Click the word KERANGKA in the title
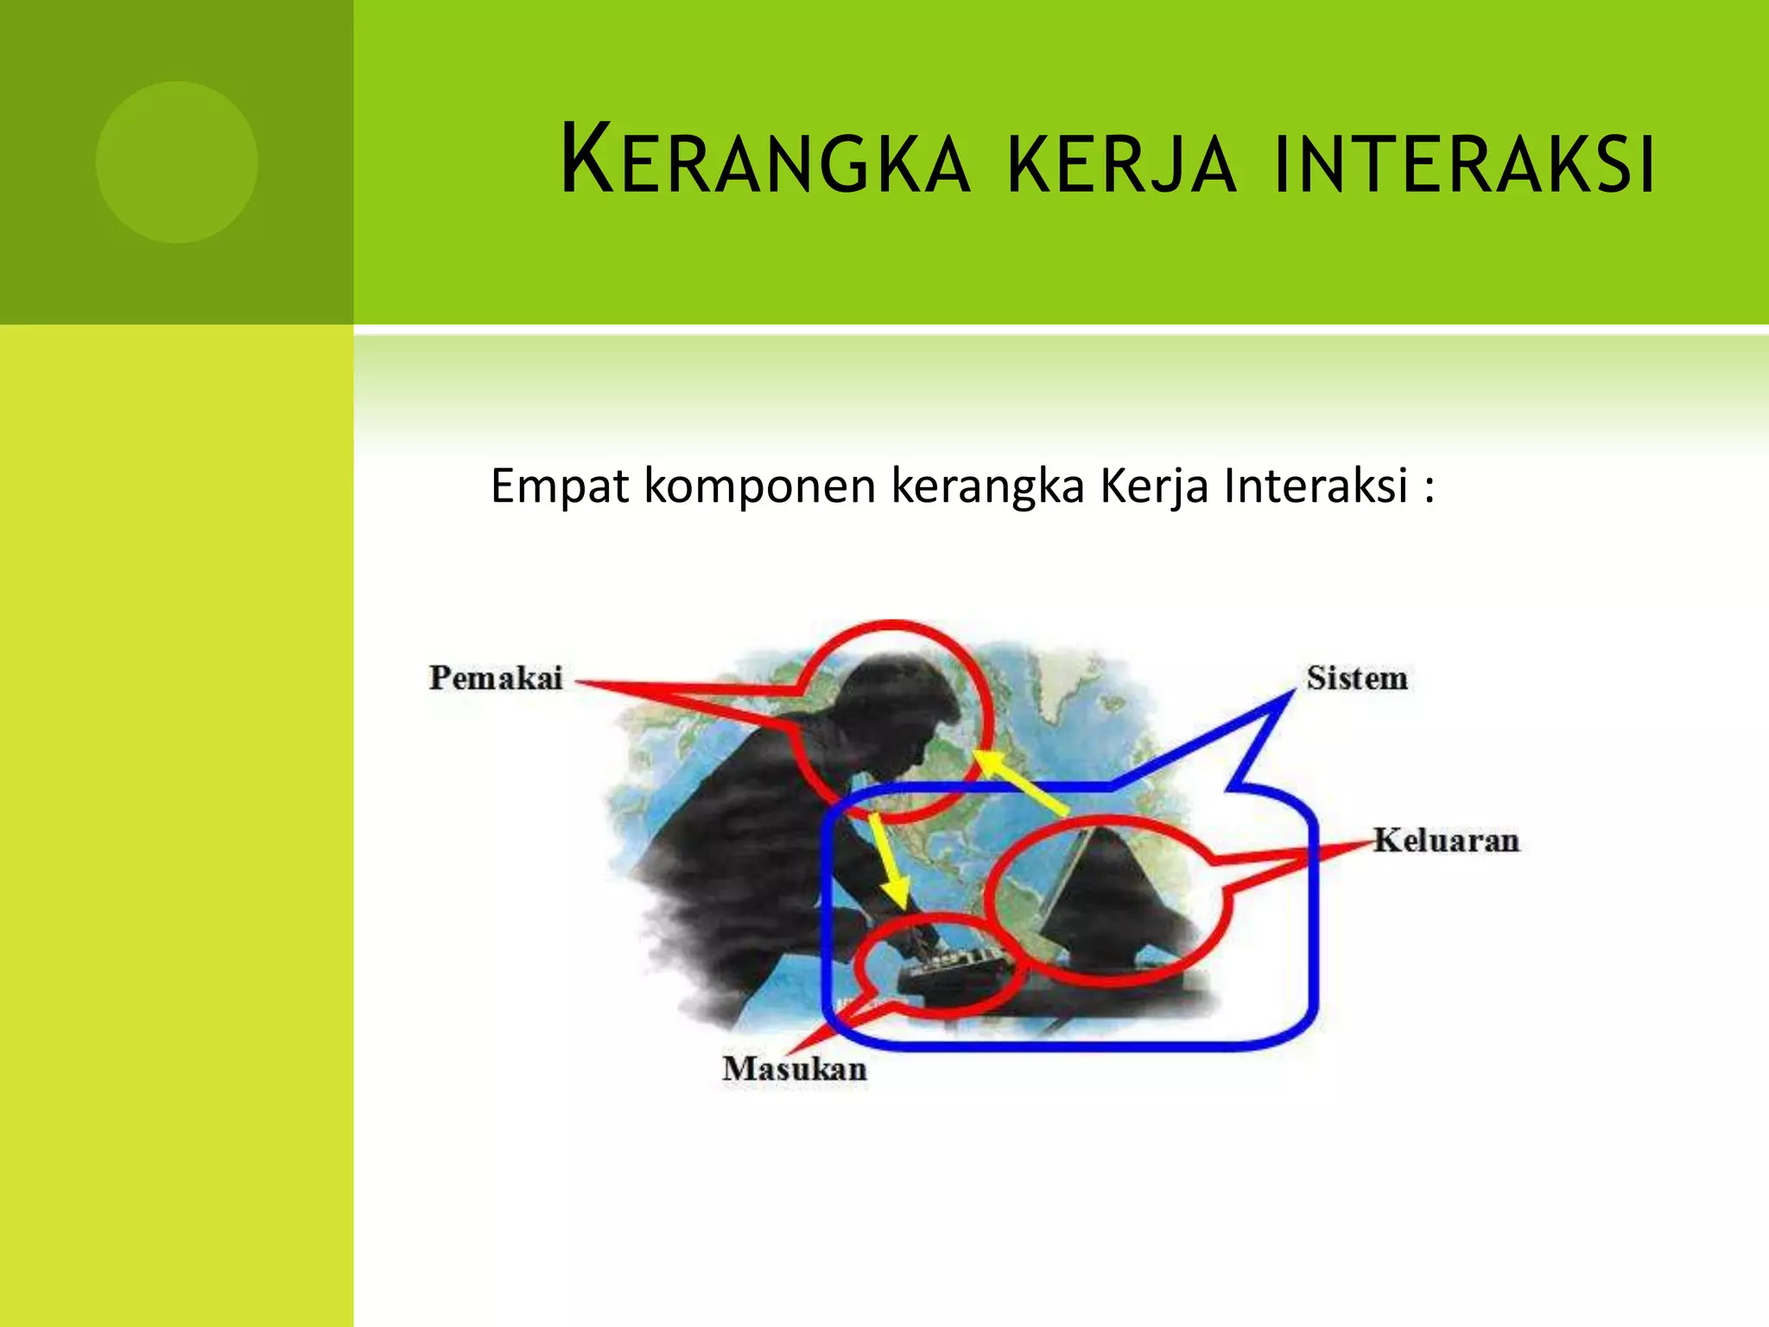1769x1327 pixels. [765, 162]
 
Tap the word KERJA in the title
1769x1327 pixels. [1121, 164]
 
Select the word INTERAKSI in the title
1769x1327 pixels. [1463, 164]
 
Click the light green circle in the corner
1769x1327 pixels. [177, 162]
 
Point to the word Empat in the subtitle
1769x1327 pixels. [560, 486]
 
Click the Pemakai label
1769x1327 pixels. [496, 678]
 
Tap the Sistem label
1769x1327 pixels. [1356, 678]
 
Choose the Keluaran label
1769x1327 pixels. [1445, 841]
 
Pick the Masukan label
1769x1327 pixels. [795, 1070]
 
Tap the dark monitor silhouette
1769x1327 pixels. [1114, 898]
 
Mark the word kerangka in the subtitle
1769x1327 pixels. [987, 486]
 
